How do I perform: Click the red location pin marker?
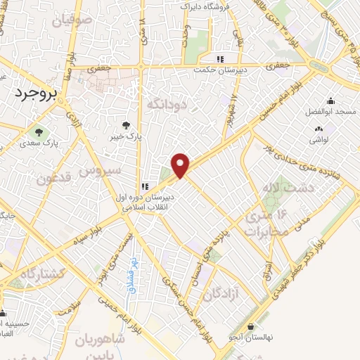click(181, 165)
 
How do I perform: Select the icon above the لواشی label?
click(321, 129)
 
